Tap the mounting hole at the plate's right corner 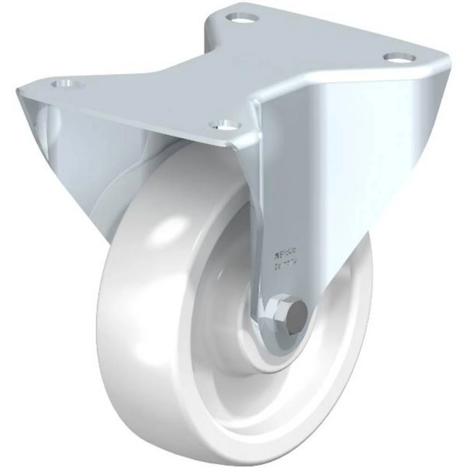point(400,58)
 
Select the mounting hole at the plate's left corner point(69,85)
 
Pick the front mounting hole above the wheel point(226,125)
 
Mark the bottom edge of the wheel point(243,456)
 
